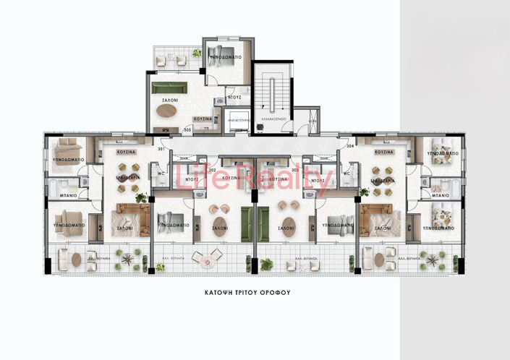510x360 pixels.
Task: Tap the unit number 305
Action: pyautogui.click(x=187, y=131)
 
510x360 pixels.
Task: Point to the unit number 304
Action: pyautogui.click(x=349, y=145)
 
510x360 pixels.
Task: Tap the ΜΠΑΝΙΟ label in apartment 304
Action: pyautogui.click(x=440, y=195)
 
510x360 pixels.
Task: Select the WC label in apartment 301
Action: pyautogui.click(x=159, y=173)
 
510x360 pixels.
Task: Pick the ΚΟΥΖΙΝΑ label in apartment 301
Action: pyautogui.click(x=118, y=153)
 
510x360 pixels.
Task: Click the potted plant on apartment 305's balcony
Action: pyautogui.click(x=197, y=53)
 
